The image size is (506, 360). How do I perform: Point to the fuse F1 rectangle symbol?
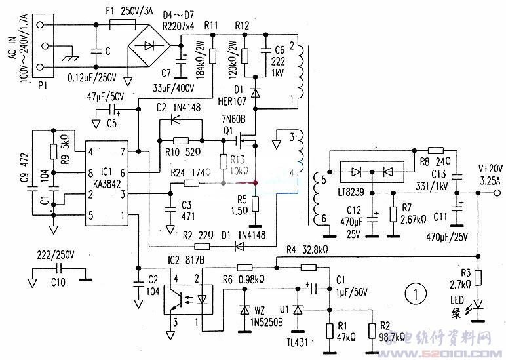coord(122,25)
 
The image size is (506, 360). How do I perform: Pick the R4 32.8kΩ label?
coord(306,249)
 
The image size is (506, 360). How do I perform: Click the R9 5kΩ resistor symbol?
coord(52,151)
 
